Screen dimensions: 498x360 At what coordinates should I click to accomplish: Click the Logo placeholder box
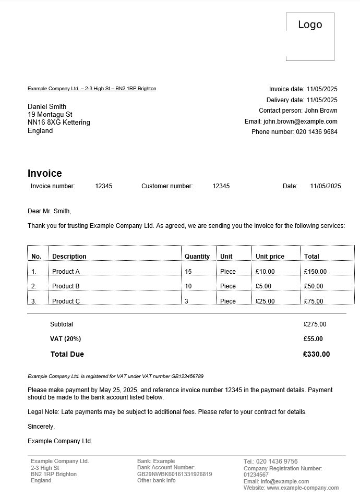(x=310, y=37)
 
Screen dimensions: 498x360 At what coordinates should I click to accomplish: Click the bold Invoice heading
(x=45, y=174)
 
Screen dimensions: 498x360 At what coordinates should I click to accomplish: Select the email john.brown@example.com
(x=300, y=122)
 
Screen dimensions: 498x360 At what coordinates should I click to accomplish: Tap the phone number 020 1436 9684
(x=317, y=132)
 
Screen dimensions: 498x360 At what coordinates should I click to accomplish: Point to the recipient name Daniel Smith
(x=47, y=106)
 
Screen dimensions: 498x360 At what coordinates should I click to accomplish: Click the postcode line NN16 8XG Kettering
(x=59, y=123)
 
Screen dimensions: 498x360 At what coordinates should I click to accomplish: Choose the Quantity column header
(x=197, y=257)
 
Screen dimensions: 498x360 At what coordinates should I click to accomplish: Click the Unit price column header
(x=270, y=257)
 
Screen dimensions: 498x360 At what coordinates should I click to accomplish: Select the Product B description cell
(x=66, y=286)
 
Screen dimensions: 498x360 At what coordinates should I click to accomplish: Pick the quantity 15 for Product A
(x=188, y=272)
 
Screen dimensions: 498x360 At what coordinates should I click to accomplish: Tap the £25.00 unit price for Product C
(x=265, y=301)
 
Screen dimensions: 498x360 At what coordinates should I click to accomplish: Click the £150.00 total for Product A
(x=315, y=272)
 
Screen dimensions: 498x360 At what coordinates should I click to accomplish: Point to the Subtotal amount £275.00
(x=315, y=324)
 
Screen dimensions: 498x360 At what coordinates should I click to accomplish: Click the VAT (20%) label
(x=65, y=339)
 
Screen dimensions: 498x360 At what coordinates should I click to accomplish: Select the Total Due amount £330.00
(x=316, y=355)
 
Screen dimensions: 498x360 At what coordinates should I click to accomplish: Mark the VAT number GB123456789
(x=187, y=376)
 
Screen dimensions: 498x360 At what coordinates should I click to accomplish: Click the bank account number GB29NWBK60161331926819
(x=175, y=475)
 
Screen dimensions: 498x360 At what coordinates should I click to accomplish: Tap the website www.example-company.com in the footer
(x=303, y=488)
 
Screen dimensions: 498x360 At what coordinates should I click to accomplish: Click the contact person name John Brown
(x=321, y=111)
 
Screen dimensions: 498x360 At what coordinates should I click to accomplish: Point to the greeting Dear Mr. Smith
(x=49, y=211)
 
